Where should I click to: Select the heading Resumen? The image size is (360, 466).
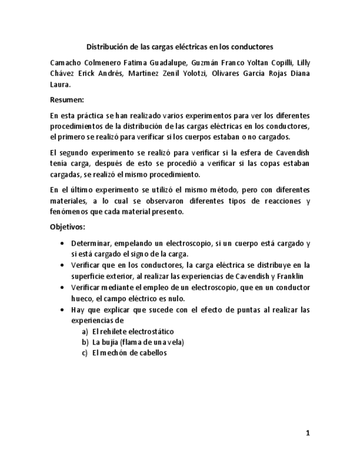coord(67,100)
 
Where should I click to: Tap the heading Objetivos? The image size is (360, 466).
coord(68,226)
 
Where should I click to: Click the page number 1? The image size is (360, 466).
coord(308,433)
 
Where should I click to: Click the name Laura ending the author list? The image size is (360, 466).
coord(60,85)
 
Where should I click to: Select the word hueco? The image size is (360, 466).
coord(82,298)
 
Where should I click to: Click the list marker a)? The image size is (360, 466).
coord(85,331)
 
